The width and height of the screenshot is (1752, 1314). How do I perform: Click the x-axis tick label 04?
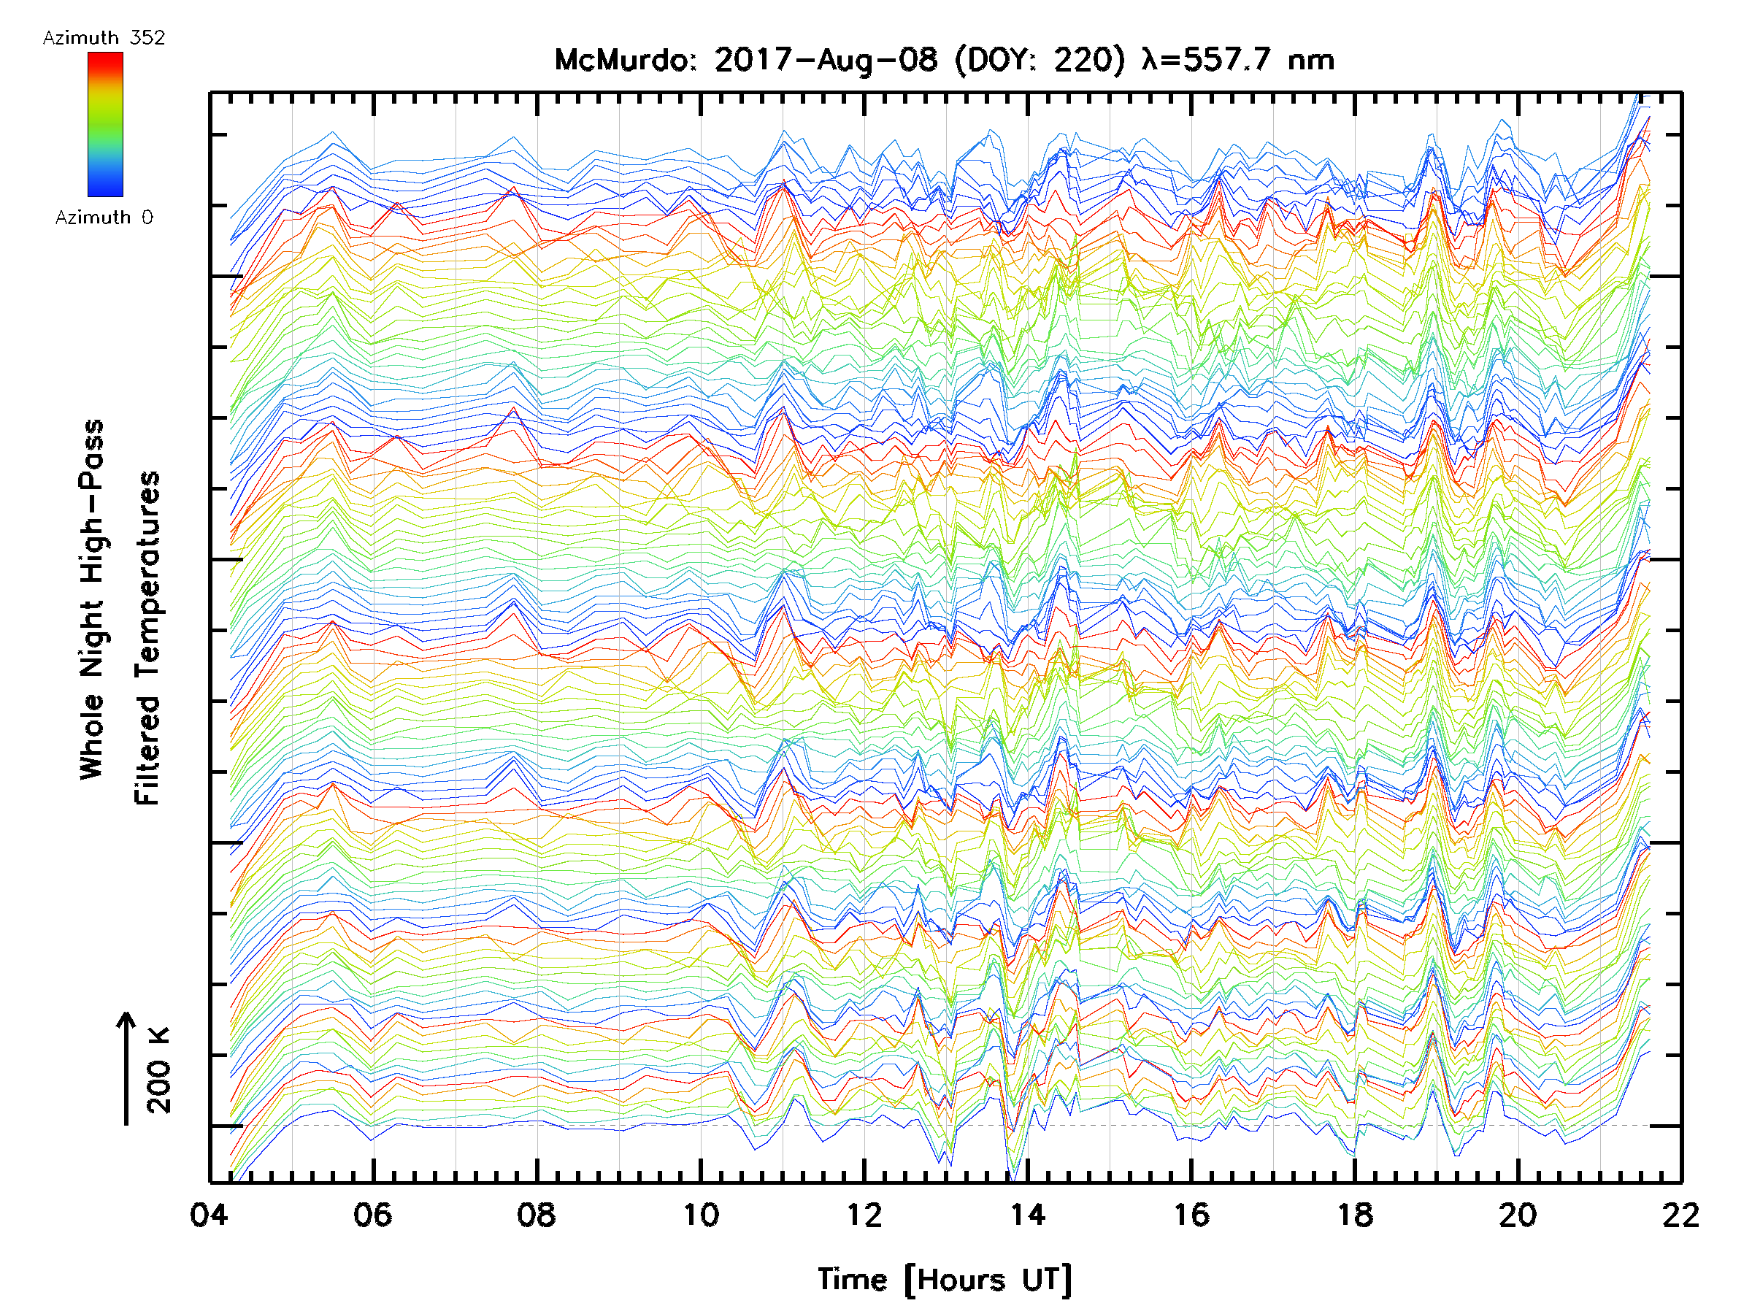[209, 1215]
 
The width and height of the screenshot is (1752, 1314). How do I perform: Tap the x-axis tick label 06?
[372, 1215]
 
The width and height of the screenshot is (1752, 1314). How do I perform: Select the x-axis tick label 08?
[537, 1215]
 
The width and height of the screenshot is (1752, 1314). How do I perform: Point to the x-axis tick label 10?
[700, 1215]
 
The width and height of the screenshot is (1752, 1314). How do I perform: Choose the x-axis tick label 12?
[864, 1215]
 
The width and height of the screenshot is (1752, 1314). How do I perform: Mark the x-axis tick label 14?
[1027, 1215]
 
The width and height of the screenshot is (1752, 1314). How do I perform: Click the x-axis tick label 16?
[1191, 1215]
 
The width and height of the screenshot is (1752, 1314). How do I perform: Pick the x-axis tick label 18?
[1355, 1215]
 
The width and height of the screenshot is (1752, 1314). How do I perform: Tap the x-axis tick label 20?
[1518, 1215]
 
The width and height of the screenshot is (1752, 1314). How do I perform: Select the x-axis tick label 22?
[1680, 1215]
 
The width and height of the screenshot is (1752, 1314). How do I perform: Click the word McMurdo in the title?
[623, 60]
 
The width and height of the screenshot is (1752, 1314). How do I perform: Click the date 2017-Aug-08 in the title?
[826, 60]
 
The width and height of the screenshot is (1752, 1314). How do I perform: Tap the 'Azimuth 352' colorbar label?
[104, 38]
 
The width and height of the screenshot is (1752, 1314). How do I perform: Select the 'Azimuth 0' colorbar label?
[104, 217]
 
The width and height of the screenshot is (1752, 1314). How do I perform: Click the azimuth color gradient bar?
[105, 124]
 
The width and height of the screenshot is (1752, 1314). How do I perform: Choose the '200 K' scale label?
[159, 1069]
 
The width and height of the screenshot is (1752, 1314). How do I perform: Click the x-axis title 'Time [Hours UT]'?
[944, 1280]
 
